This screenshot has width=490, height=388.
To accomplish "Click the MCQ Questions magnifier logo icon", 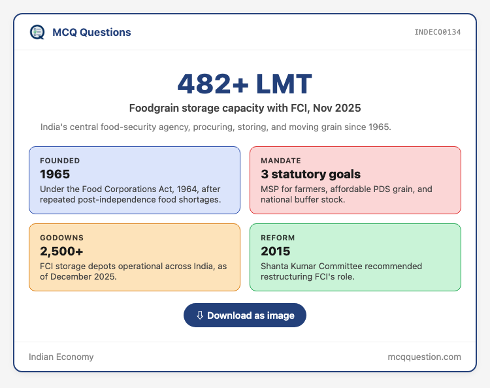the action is pyautogui.click(x=37, y=32).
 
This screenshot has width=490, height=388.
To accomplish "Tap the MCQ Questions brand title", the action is pyautogui.click(x=91, y=32).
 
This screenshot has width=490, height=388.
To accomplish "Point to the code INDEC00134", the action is pyautogui.click(x=438, y=32).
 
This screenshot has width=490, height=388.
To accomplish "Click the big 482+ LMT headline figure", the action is pyautogui.click(x=245, y=84).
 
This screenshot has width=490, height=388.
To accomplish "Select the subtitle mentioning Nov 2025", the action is pyautogui.click(x=245, y=108).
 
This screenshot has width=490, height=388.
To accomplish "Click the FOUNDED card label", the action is pyautogui.click(x=60, y=161).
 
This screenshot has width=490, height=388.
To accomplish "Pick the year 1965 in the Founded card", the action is pyautogui.click(x=55, y=174).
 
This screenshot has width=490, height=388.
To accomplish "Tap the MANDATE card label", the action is pyautogui.click(x=281, y=161).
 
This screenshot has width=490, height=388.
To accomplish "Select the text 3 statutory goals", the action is pyautogui.click(x=310, y=174).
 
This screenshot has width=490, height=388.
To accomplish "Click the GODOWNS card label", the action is pyautogui.click(x=62, y=238).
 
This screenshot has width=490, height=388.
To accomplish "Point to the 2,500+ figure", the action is pyautogui.click(x=61, y=251).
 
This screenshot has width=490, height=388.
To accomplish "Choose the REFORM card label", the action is pyautogui.click(x=278, y=238).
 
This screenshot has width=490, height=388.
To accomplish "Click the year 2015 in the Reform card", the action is pyautogui.click(x=276, y=251).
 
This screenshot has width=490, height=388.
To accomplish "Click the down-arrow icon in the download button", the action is pyautogui.click(x=200, y=315).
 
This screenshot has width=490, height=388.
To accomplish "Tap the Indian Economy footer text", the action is pyautogui.click(x=61, y=357).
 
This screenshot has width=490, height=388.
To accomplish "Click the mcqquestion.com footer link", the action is pyautogui.click(x=425, y=357).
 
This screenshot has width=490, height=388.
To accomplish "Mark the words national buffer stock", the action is pyautogui.click(x=302, y=200).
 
